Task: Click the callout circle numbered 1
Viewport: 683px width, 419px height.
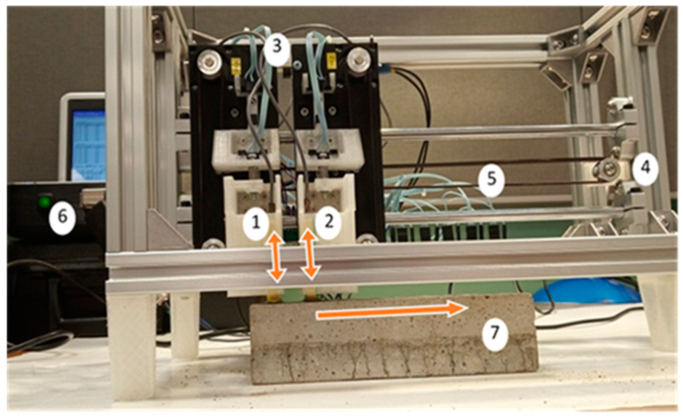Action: point(256,223)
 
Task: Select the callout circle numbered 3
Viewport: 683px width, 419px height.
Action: point(276,47)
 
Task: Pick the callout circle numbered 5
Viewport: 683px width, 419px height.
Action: point(491,179)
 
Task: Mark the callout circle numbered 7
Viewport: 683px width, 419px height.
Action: point(495,333)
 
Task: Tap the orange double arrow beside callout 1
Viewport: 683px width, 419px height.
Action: point(276,257)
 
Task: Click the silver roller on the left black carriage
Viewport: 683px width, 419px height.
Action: point(210,63)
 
